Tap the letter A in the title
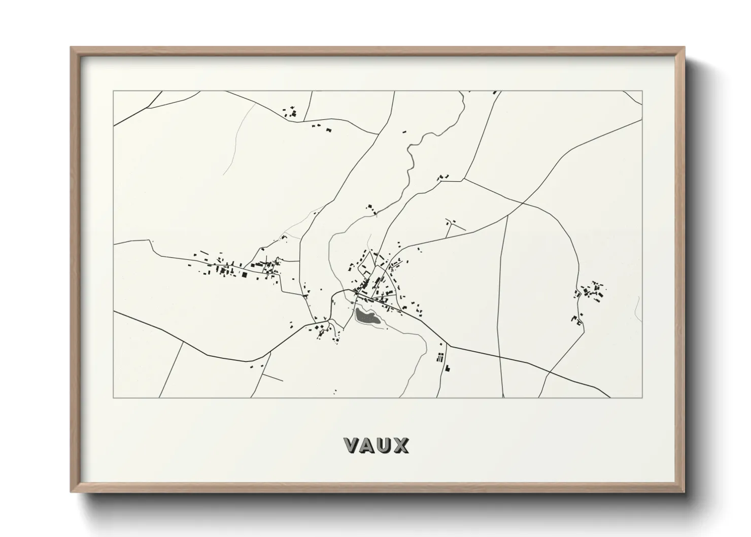click(369, 445)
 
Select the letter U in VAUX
click(385, 445)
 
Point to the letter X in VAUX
click(401, 445)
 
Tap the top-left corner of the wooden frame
click(72, 48)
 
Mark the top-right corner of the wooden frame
click(684, 48)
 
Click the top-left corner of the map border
click(113, 91)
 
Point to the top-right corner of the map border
click(642, 91)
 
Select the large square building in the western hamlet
click(244, 275)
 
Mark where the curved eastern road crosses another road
click(523, 203)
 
